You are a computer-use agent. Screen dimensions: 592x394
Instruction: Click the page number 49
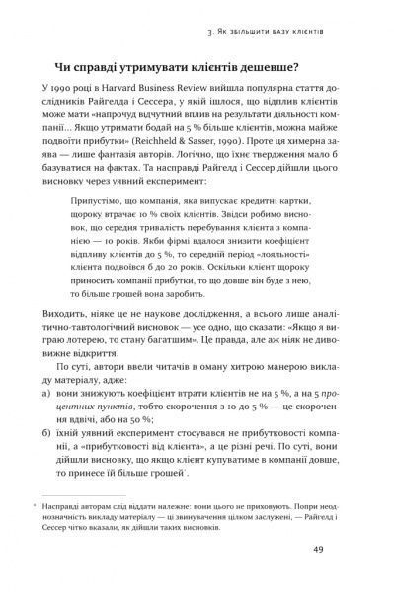tap(345, 551)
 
